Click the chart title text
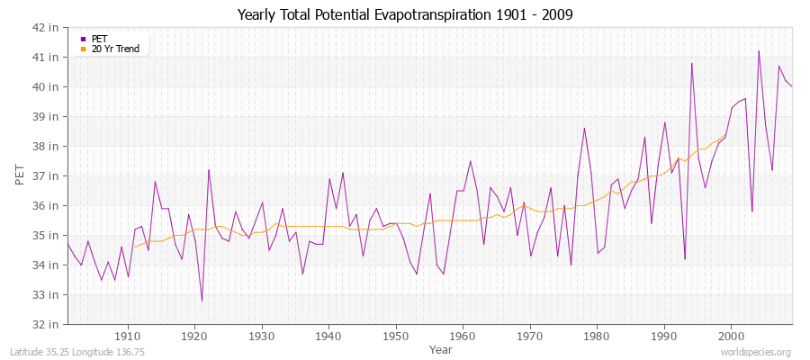pos(404,14)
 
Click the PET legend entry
pos(99,39)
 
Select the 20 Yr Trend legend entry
pos(116,49)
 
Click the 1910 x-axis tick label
pos(128,336)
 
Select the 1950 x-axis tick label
pos(395,336)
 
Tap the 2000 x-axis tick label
pos(730,336)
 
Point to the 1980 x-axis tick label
pos(596,336)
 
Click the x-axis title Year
pos(441,348)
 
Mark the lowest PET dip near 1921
pos(202,301)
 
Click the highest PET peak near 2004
pos(759,51)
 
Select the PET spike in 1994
pos(691,63)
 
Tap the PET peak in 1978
pos(584,128)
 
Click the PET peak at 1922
pos(209,170)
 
